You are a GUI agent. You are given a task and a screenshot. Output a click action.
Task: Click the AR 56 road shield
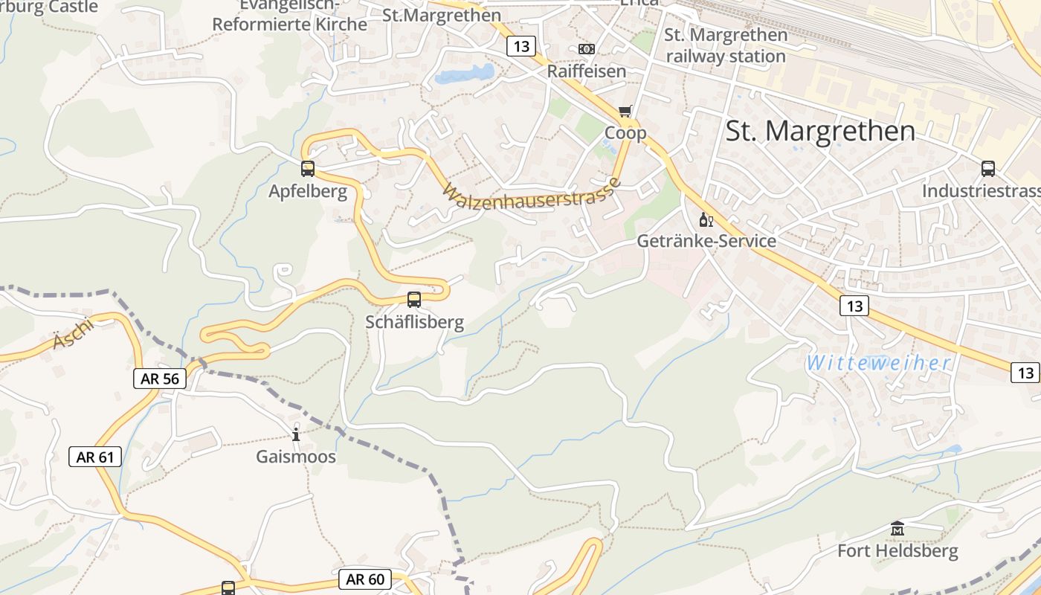[160, 379]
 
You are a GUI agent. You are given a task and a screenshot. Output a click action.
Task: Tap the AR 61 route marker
[96, 457]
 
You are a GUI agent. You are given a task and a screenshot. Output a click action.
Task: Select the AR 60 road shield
[366, 579]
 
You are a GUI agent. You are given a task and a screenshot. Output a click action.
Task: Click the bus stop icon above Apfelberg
[308, 169]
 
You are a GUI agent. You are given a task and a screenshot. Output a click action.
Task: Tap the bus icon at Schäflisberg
[414, 300]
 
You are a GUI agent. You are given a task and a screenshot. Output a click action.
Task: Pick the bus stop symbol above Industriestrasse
[988, 169]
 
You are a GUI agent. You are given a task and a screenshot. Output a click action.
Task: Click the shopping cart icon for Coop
[625, 111]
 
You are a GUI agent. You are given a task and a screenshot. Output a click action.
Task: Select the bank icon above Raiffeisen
[587, 49]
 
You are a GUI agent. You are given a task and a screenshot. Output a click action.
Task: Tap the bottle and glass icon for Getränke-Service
[706, 219]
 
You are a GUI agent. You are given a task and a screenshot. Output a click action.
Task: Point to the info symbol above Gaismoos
[296, 434]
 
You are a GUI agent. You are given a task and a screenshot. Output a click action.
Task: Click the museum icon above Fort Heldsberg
[897, 529]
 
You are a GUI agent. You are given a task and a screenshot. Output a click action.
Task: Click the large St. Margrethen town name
[820, 131]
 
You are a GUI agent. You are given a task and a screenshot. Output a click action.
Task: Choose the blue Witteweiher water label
[879, 364]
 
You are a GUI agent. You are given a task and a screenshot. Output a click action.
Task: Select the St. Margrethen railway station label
[725, 45]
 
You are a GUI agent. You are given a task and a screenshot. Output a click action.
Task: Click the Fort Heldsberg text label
[897, 551]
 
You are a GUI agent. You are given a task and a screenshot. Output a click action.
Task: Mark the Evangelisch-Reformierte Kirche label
[290, 16]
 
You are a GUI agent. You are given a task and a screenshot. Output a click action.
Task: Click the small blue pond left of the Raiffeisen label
[465, 74]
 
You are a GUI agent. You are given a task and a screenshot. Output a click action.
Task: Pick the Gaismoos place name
[296, 457]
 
